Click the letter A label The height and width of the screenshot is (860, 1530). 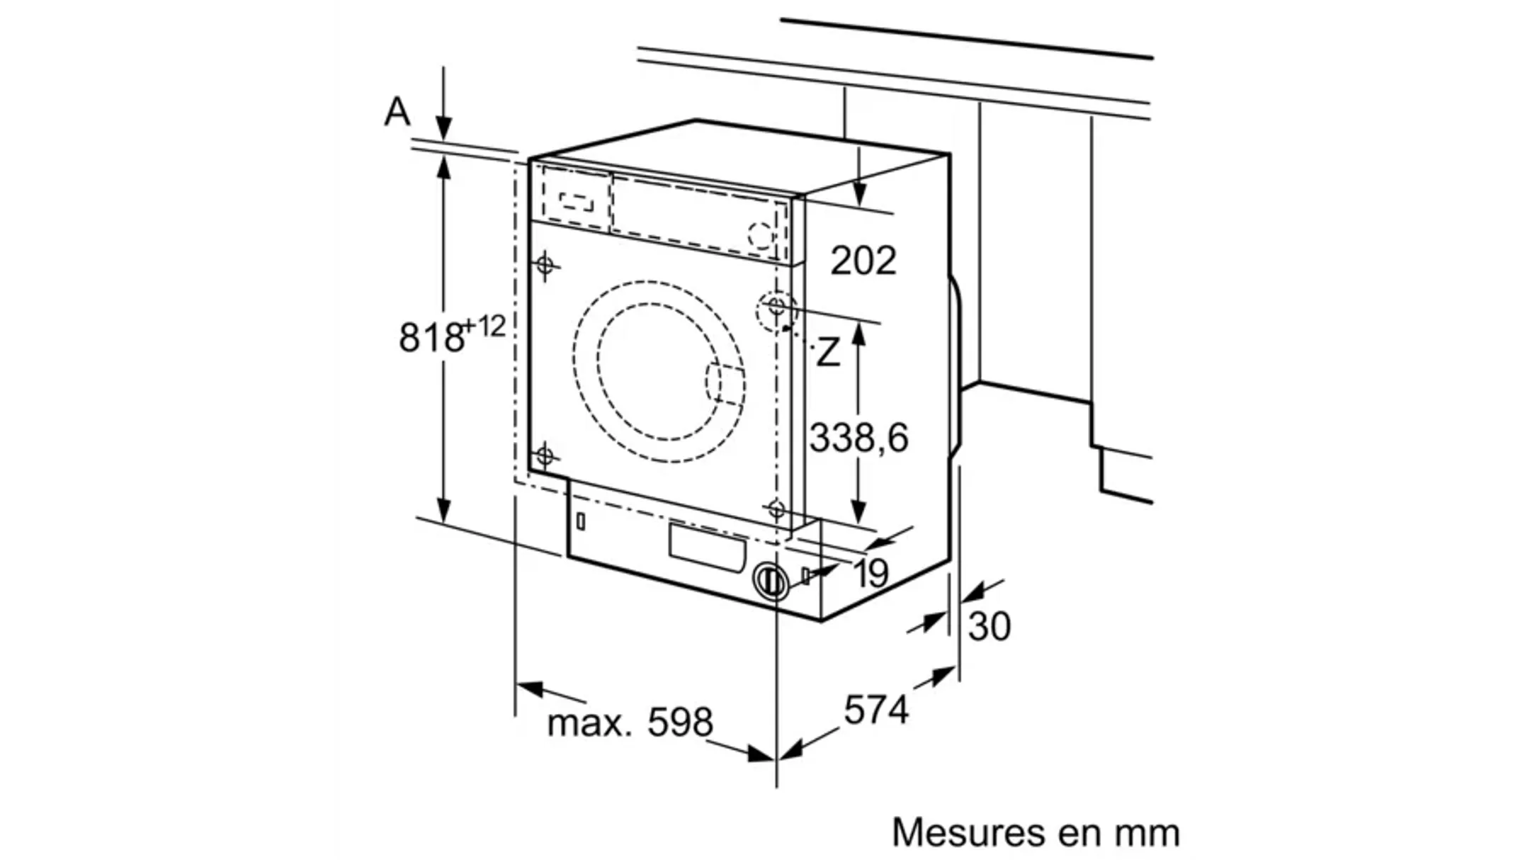397,113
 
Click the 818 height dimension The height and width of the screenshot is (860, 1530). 431,337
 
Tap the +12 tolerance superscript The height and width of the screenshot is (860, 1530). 484,327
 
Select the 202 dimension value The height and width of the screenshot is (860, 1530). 863,261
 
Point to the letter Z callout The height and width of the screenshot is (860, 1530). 827,353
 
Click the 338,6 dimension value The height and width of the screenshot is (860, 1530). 858,438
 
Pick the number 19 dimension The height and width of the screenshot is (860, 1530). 871,572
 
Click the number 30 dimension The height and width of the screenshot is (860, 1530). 989,626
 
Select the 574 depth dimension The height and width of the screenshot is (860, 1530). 875,709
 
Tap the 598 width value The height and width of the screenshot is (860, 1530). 681,722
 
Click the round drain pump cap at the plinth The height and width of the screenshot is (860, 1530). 771,582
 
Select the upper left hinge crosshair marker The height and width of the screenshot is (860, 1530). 545,266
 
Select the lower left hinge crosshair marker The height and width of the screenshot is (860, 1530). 545,456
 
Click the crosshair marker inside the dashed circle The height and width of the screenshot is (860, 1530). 776,307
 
